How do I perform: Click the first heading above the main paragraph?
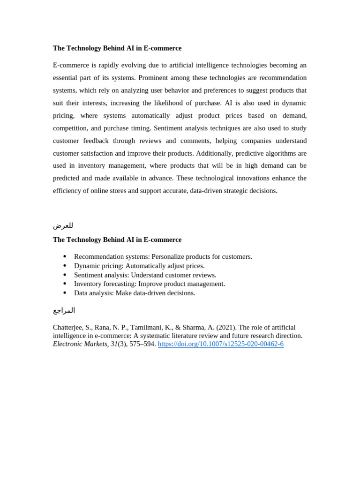pyautogui.click(x=117, y=48)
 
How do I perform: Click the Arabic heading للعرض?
pyautogui.click(x=63, y=225)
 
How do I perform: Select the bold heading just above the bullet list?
pyautogui.click(x=117, y=240)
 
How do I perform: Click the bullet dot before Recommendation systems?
pyautogui.click(x=65, y=256)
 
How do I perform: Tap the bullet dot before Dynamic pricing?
pyautogui.click(x=65, y=266)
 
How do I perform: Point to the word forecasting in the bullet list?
pyautogui.click(x=120, y=284)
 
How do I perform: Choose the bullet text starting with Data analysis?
pyautogui.click(x=135, y=293)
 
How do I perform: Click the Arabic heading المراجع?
pyautogui.click(x=64, y=310)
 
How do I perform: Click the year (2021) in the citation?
pyautogui.click(x=226, y=328)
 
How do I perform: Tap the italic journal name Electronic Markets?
pyautogui.click(x=80, y=344)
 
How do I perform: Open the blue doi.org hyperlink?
pyautogui.click(x=220, y=344)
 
